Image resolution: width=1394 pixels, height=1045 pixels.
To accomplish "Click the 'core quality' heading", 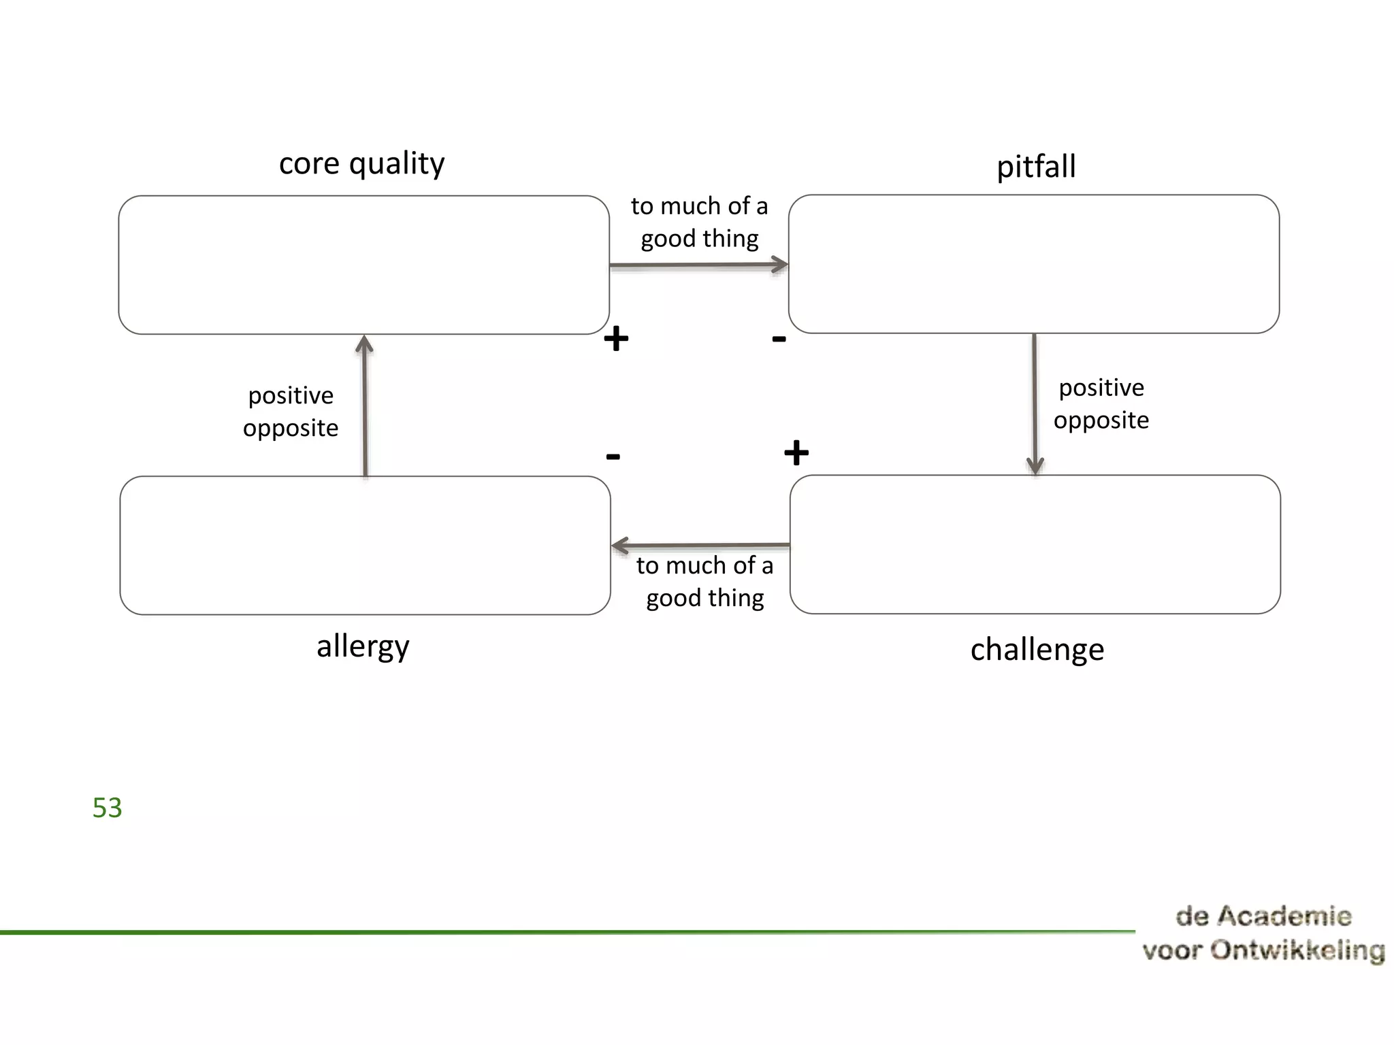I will point(361,163).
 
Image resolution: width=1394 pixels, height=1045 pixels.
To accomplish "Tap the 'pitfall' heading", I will point(1036,167).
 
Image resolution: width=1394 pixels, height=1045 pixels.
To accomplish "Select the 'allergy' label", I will point(363,646).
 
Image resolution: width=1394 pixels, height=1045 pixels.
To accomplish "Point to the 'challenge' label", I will point(1037,649).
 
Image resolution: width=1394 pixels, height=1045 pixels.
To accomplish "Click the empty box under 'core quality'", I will point(363,265).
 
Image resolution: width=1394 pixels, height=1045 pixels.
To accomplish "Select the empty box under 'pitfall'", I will point(1033,264).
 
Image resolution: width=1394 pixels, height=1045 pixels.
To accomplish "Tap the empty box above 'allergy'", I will point(365,545).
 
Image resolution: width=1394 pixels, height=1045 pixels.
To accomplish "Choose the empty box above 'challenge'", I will point(1035,544).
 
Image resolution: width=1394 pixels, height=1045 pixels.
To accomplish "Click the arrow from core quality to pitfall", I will point(698,265).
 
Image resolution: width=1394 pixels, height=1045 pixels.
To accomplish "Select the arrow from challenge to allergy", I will point(700,546).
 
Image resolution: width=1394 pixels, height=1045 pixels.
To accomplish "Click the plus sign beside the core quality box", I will point(616,338).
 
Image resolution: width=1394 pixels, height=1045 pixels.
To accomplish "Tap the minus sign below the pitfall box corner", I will point(779,338).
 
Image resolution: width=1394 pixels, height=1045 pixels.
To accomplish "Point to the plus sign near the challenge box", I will point(796,452).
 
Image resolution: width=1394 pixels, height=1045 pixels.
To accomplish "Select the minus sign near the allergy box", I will point(613,456).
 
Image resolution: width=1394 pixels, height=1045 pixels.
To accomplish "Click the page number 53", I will point(107,808).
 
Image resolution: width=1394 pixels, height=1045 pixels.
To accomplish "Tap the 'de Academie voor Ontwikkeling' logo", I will point(1263,933).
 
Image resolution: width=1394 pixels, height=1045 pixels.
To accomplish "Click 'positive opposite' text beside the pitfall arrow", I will point(1101,403).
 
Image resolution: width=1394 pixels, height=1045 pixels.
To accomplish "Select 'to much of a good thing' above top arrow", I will point(699,222).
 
